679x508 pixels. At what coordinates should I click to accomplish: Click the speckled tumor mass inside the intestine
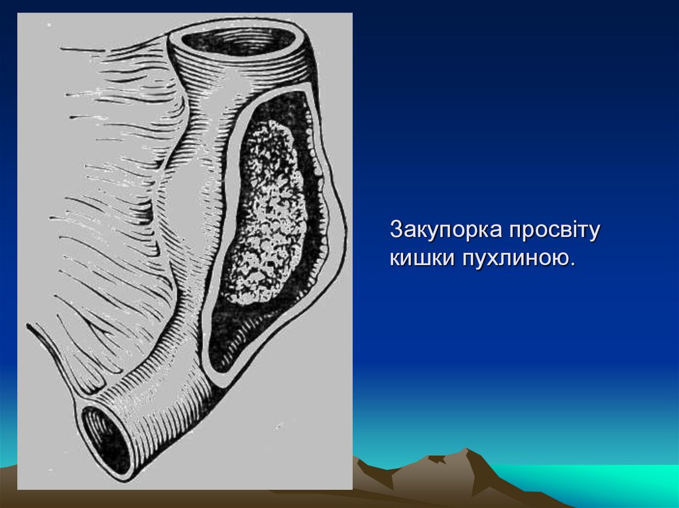click(265, 212)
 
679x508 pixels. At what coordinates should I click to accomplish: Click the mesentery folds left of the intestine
click(113, 199)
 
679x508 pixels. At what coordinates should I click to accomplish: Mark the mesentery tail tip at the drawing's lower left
click(30, 327)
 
